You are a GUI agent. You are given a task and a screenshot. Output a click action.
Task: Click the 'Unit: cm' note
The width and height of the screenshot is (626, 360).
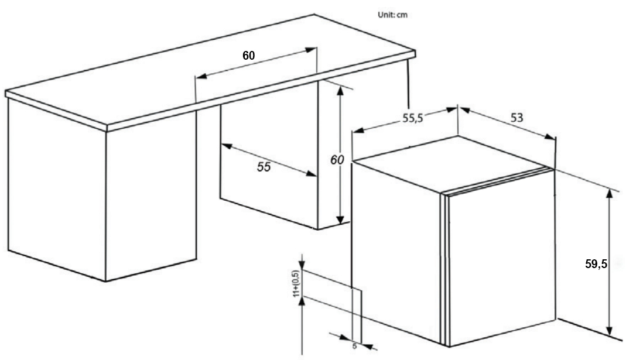[x=392, y=15]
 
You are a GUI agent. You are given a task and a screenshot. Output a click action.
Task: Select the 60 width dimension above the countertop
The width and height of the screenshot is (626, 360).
[x=249, y=56]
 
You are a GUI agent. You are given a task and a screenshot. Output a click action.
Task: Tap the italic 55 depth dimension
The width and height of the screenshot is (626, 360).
[x=264, y=167]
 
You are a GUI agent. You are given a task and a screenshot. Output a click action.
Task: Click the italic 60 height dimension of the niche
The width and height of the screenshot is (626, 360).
[x=336, y=159]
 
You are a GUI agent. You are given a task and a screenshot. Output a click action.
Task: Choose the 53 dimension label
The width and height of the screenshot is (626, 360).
[x=516, y=118]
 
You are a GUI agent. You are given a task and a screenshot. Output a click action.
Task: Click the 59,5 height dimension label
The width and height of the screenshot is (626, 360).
[x=596, y=264]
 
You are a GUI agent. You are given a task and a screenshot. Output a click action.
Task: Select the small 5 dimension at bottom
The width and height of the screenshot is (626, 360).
[x=354, y=346]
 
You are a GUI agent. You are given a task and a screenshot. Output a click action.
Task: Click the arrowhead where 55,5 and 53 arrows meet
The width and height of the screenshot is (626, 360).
[x=458, y=108]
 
